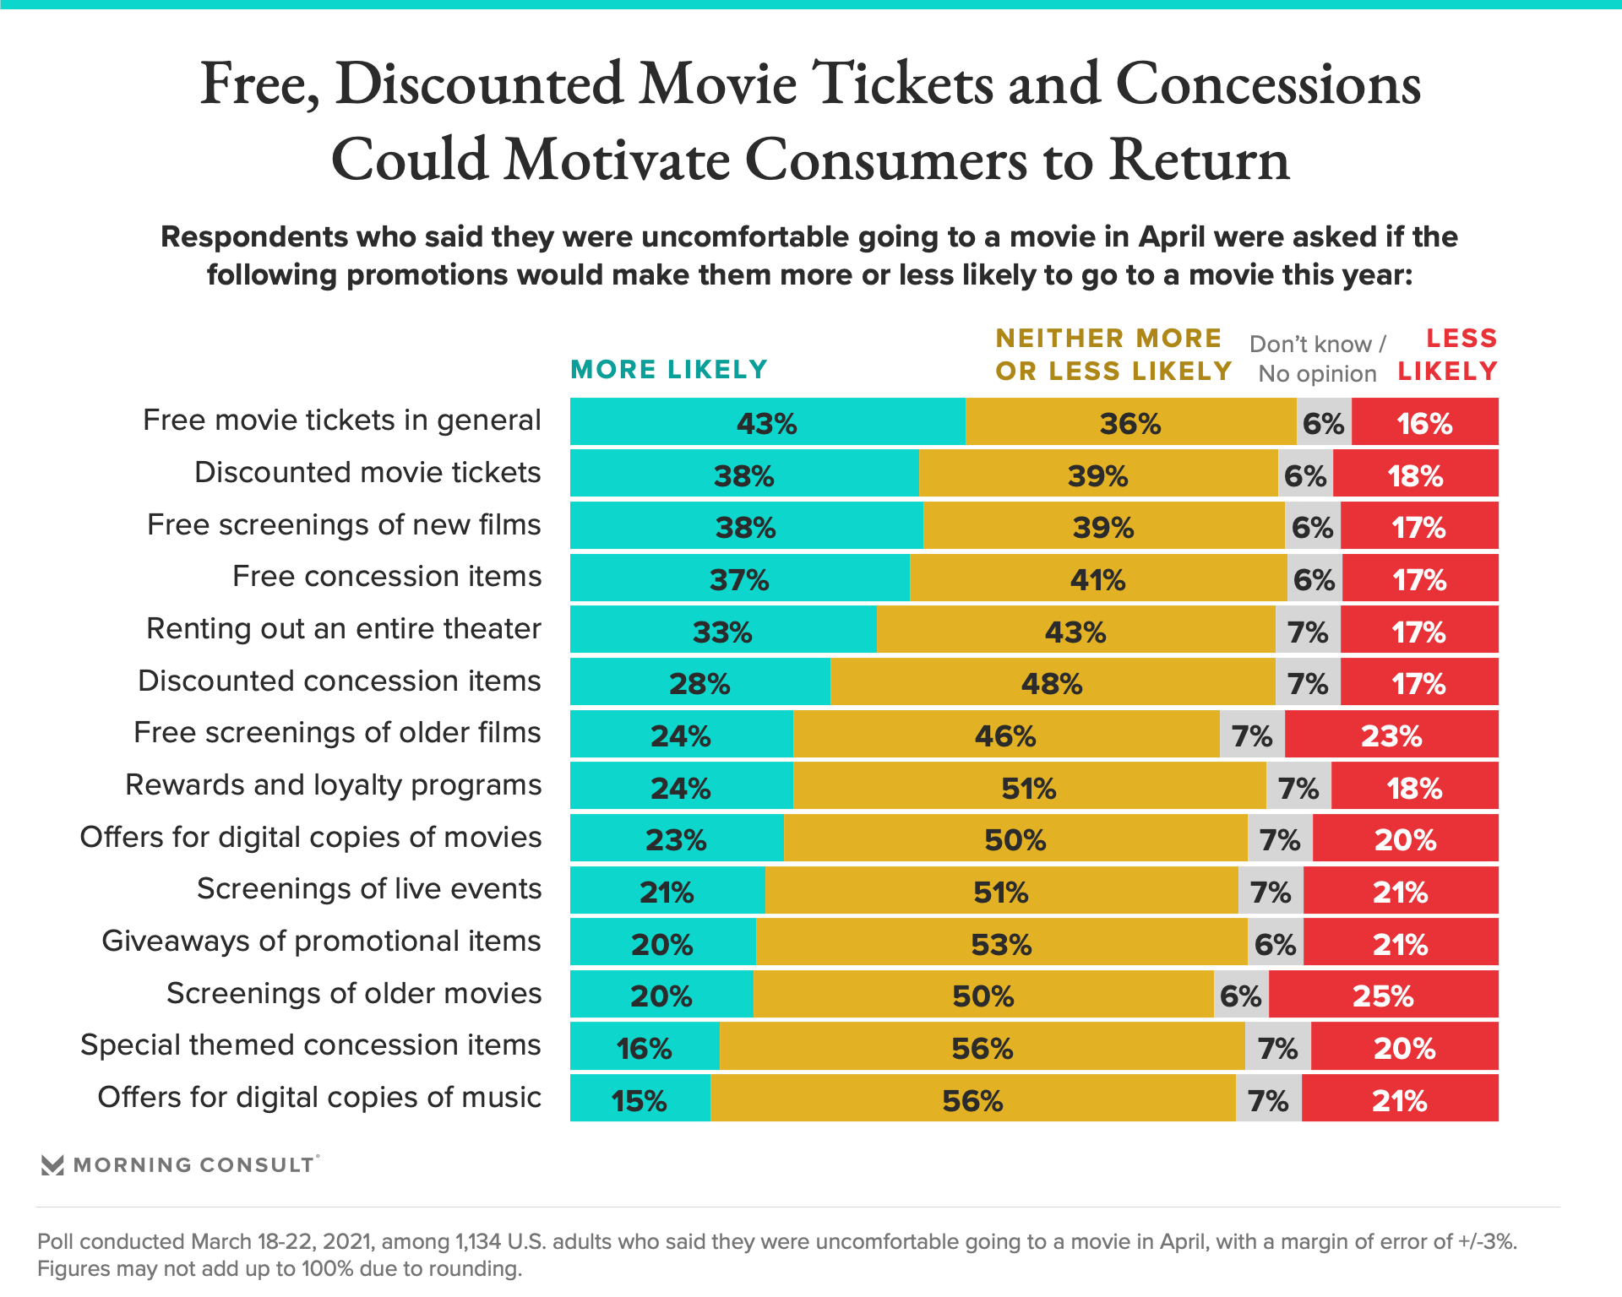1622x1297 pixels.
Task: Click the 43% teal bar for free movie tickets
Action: point(767,422)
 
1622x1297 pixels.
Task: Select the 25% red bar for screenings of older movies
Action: point(1383,995)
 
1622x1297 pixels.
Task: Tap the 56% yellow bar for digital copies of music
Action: point(972,1099)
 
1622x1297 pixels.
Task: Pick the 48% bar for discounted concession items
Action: point(1052,682)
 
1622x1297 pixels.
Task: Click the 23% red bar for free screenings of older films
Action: point(1391,735)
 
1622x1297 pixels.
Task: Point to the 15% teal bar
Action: point(640,1099)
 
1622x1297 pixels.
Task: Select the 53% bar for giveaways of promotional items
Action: point(1001,942)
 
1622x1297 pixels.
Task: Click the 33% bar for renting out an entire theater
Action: point(722,630)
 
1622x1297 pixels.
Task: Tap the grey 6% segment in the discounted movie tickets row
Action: point(1305,475)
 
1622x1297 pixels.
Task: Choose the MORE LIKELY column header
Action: point(669,369)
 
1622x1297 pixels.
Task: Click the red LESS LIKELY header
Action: point(1447,355)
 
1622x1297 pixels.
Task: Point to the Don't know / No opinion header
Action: point(1317,359)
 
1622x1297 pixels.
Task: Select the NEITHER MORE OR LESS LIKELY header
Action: point(1113,355)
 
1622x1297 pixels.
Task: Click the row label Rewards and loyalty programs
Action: point(333,784)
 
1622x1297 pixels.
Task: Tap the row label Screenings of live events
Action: point(368,888)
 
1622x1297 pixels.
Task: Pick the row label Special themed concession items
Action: point(310,1045)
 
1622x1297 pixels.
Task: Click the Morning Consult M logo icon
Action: point(52,1165)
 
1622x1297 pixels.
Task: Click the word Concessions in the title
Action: point(1268,84)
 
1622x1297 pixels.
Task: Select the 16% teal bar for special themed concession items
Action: point(644,1047)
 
